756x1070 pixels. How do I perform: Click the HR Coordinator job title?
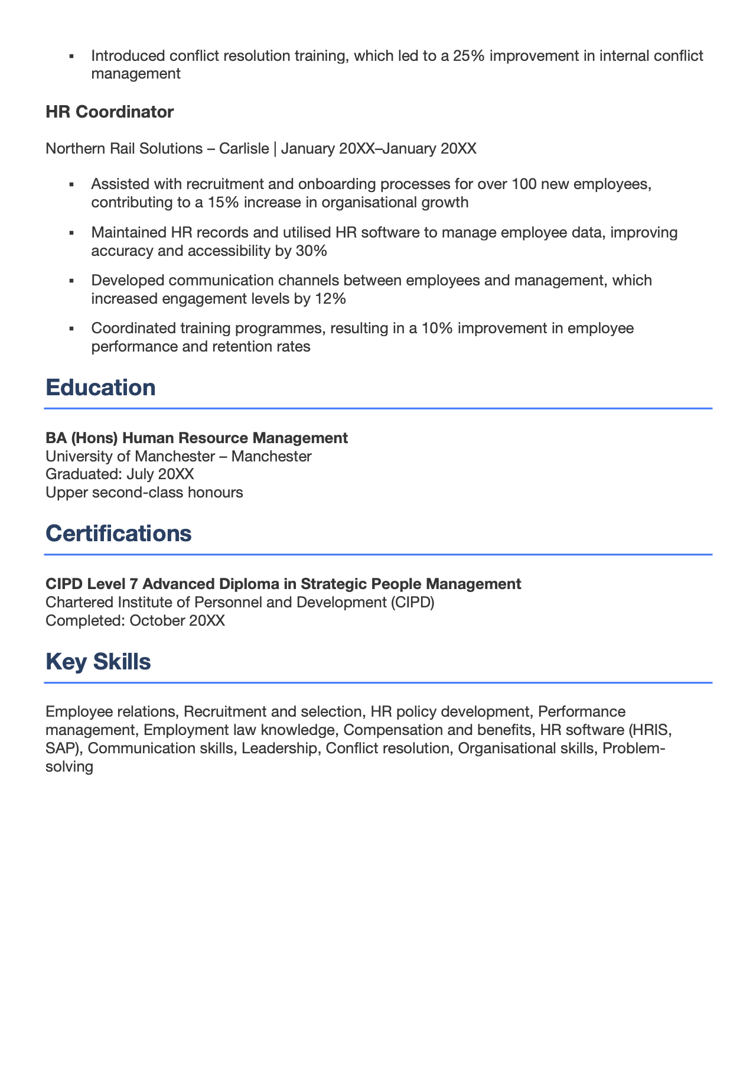point(109,112)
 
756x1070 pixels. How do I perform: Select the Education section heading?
point(100,388)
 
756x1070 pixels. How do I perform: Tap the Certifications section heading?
point(118,534)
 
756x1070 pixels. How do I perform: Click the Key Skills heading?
point(98,662)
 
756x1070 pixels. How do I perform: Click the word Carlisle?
point(243,148)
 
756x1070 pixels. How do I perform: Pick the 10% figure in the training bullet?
point(436,328)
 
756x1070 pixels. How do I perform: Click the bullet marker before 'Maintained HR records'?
point(71,233)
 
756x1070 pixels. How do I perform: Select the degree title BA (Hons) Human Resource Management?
point(197,438)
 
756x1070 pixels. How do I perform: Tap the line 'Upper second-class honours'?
point(144,492)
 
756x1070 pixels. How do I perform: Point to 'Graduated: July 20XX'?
point(119,474)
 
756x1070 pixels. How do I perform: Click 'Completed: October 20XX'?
point(135,620)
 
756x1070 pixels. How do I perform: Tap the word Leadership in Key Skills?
point(279,749)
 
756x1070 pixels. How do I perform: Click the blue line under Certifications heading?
point(378,554)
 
